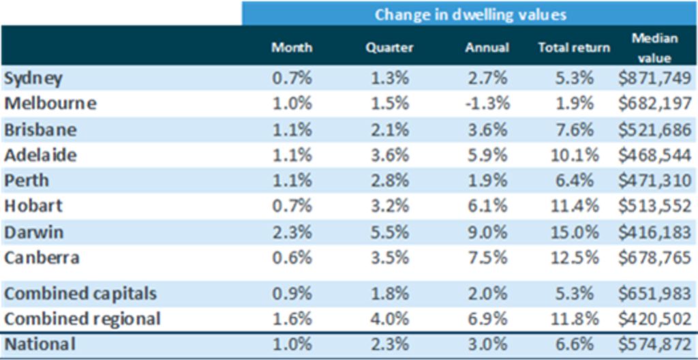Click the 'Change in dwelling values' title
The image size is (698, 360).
(x=470, y=14)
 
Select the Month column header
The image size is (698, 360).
(x=292, y=48)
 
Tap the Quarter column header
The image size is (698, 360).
(x=389, y=48)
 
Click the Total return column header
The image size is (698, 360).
(x=574, y=48)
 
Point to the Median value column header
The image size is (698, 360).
(x=654, y=48)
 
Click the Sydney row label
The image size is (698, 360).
(x=33, y=78)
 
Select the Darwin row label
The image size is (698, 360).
(x=34, y=232)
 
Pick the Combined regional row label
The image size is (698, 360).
(x=82, y=318)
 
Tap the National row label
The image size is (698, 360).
(x=40, y=344)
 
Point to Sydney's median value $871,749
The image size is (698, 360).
(x=654, y=78)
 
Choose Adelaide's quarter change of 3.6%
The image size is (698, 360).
(x=390, y=155)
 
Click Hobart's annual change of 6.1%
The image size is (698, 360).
(x=487, y=207)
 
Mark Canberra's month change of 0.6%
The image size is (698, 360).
(x=292, y=258)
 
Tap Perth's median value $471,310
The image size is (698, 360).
(x=654, y=181)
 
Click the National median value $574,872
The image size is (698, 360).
(x=654, y=344)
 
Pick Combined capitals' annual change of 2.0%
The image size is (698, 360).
(x=487, y=293)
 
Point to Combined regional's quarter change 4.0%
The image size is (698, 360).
(x=390, y=318)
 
